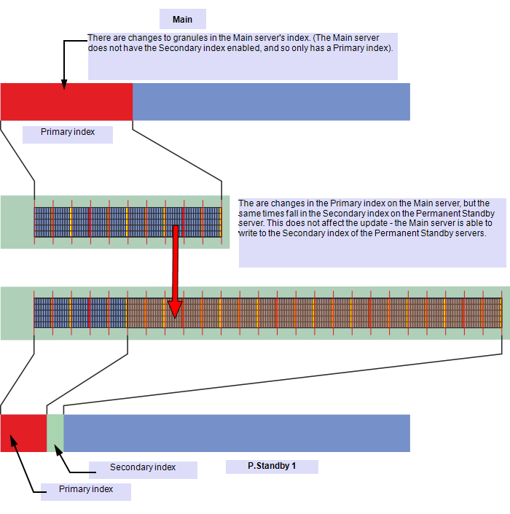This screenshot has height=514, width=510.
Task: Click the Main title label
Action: pyautogui.click(x=182, y=20)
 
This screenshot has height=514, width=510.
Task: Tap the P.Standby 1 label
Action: pyautogui.click(x=272, y=467)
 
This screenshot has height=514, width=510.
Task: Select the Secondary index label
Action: pyautogui.click(x=143, y=467)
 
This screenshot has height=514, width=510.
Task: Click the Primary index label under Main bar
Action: pyautogui.click(x=67, y=133)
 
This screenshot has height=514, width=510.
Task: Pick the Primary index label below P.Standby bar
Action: pyautogui.click(x=86, y=490)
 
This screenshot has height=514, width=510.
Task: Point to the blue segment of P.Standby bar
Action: pyautogui.click(x=237, y=433)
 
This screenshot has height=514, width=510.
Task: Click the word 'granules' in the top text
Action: pyautogui.click(x=165, y=38)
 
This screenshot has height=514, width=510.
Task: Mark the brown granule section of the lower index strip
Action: pyautogui.click(x=313, y=314)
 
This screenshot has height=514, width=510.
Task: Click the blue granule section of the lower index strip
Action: pyautogui.click(x=80, y=314)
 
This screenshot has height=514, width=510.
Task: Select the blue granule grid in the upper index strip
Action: pyautogui.click(x=127, y=222)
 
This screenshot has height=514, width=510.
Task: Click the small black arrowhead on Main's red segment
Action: pyautogui.click(x=64, y=87)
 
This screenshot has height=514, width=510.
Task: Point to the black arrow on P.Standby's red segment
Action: pyautogui.click(x=14, y=442)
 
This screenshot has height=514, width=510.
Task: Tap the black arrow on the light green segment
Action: pyautogui.click(x=58, y=447)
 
